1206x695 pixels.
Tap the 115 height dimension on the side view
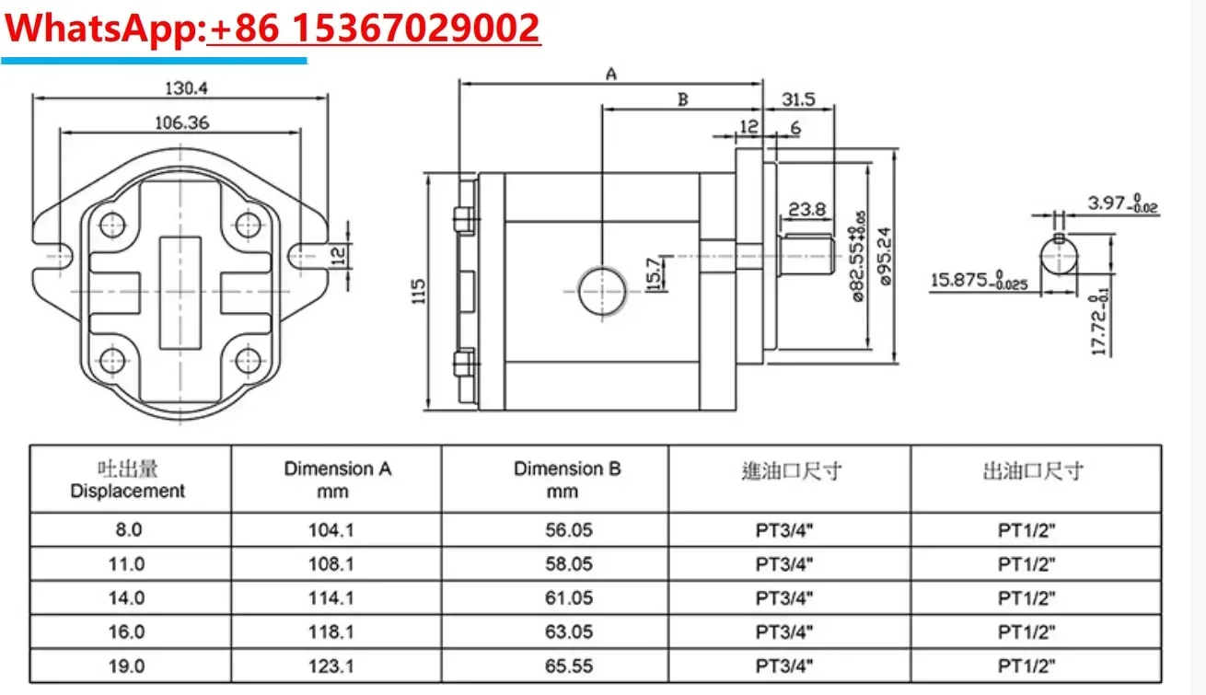point(418,292)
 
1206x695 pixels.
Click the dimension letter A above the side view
point(610,75)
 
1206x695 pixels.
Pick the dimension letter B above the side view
point(682,99)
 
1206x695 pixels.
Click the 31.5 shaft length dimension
point(798,99)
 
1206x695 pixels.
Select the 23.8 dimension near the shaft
point(806,209)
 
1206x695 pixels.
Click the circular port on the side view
point(602,292)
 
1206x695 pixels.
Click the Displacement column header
point(128,480)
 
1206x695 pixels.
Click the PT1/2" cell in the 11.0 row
point(1027,563)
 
